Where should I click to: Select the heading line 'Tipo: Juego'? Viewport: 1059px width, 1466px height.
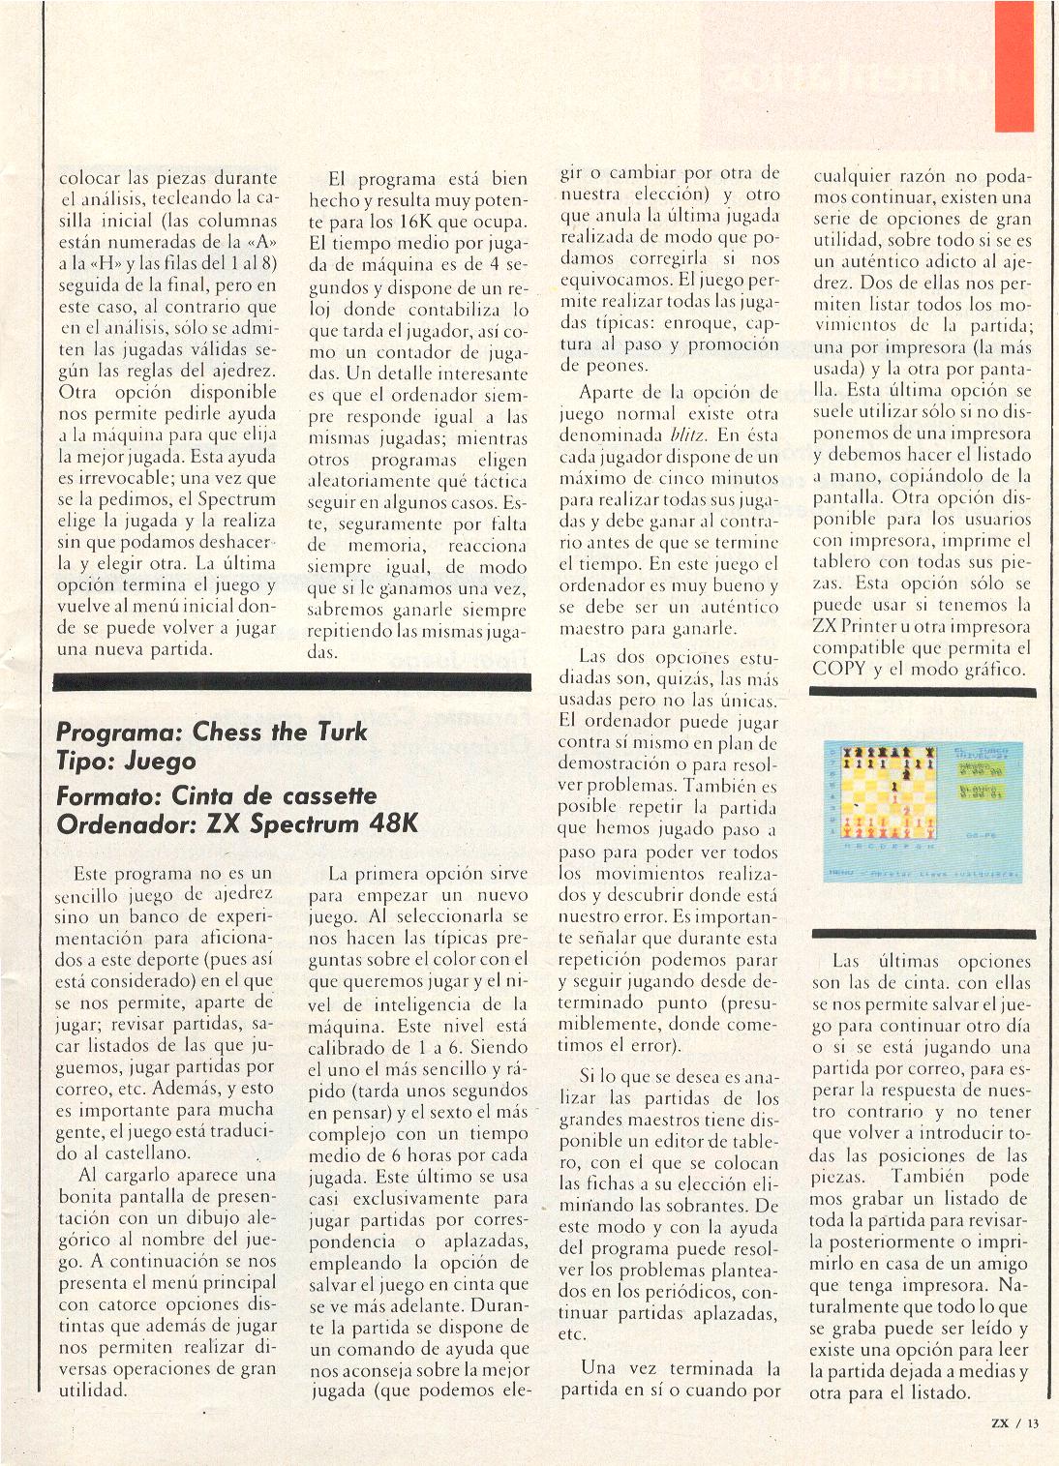(x=127, y=762)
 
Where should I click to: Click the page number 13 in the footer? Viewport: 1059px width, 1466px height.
(x=1033, y=1422)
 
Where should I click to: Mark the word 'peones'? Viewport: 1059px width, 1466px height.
(x=591, y=366)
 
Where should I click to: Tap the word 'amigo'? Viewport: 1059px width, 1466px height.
(x=999, y=1264)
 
